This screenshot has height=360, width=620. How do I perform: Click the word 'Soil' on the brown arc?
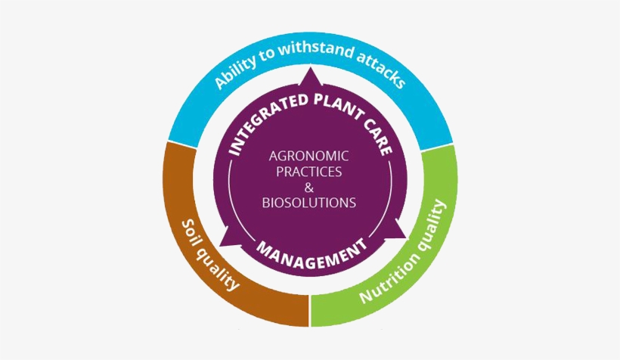(x=190, y=235)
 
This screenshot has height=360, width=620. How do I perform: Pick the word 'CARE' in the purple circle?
(x=377, y=135)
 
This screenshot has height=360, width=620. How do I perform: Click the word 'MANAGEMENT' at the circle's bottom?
(x=312, y=253)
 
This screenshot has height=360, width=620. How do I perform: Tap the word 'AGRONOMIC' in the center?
(x=308, y=156)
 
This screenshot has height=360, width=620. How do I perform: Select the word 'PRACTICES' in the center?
(x=308, y=172)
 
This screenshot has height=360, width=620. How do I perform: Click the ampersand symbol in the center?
(x=308, y=188)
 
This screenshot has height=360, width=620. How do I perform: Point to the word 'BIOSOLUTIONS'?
(x=308, y=203)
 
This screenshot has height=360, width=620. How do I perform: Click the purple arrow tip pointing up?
(x=311, y=67)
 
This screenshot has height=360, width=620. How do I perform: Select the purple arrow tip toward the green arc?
(x=406, y=237)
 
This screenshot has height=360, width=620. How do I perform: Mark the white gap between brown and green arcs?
(x=310, y=311)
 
